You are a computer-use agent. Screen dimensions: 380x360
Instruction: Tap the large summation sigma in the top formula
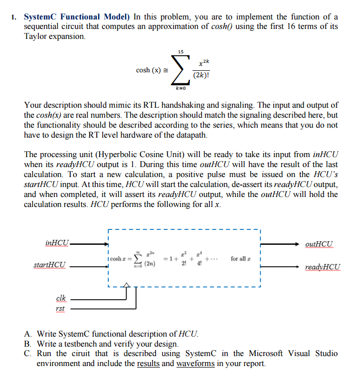coord(180,70)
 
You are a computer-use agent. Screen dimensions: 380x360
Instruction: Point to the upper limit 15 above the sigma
coord(180,51)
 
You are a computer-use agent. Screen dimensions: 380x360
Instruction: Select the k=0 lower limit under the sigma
coord(180,88)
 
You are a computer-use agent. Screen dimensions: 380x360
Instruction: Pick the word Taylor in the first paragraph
coord(38,37)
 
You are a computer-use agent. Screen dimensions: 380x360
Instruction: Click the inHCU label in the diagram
coord(57,243)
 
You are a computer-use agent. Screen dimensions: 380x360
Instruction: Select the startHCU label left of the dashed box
coord(49,265)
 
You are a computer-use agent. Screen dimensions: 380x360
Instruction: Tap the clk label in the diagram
coord(60,298)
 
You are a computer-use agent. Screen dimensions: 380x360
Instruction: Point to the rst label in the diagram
coord(60,309)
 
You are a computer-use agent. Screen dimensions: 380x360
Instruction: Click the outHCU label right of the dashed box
coord(321,244)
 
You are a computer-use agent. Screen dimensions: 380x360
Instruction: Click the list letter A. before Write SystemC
coord(28,334)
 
